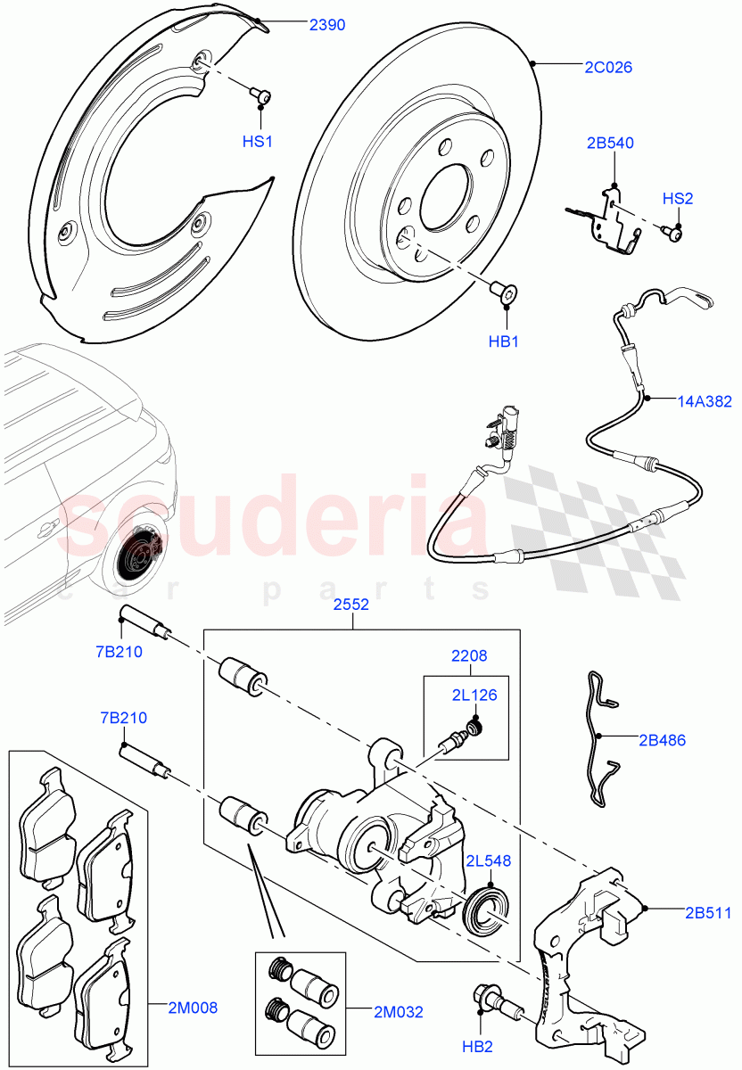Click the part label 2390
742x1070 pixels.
pos(327,26)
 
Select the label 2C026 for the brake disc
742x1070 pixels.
pos(609,67)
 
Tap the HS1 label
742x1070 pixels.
pos(258,142)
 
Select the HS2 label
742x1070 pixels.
pos(677,198)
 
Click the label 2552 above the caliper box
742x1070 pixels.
pos(351,604)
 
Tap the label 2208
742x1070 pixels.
pos(467,655)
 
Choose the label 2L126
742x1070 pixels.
pos(474,695)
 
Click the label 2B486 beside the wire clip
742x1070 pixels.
pos(662,739)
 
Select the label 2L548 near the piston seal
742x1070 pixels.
pos(488,860)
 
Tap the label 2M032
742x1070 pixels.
pos(399,1012)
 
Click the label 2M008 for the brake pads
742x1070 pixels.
pos(194,1008)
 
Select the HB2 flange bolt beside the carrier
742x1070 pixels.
pos(494,1000)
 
